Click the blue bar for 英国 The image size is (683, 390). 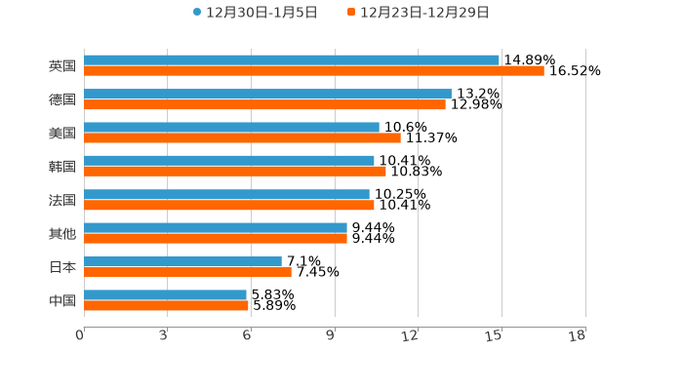coord(292,60)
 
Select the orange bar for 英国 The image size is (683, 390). coord(314,71)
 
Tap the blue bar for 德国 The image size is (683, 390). coord(267,94)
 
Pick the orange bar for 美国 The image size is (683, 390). coord(242,137)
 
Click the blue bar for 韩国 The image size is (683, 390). coord(229,161)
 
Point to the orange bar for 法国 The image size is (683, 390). coord(229,205)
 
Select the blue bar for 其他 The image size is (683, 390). coord(216,228)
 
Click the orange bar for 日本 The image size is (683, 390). coord(187,272)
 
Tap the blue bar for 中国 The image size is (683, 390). coord(165,294)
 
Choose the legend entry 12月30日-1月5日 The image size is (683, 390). coord(256,13)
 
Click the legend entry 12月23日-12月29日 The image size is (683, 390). coord(419,13)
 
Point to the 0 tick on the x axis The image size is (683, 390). coord(80,335)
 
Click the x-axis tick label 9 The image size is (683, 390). coord(331,335)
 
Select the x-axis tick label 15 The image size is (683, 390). coord(495,335)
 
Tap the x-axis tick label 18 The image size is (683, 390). coord(578,335)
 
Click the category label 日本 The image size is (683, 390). coord(62,267)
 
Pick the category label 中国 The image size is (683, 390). coord(62,300)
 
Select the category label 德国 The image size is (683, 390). coord(62,99)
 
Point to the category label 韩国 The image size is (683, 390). coord(62,167)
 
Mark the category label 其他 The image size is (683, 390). coord(62,233)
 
